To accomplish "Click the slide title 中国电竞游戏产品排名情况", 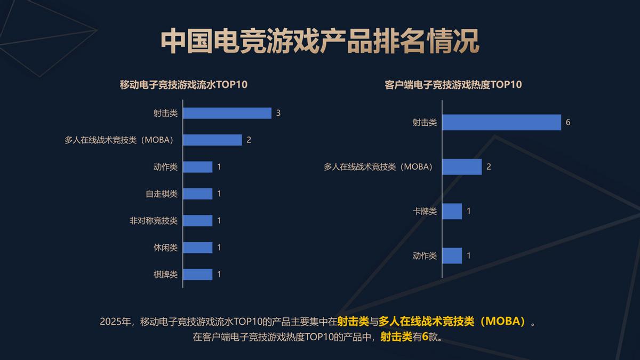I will [x=320, y=42].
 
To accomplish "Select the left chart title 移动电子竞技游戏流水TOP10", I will [x=184, y=85].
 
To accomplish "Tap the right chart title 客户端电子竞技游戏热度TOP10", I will [x=453, y=85].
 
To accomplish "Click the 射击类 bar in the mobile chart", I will [x=227, y=113].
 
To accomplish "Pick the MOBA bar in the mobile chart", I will [x=212, y=140].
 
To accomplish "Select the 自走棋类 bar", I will [x=198, y=194].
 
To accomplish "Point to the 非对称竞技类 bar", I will [x=198, y=220].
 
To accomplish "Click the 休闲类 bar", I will [x=198, y=247].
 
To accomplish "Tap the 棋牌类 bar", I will [x=198, y=274].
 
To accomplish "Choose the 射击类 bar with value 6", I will [x=501, y=122].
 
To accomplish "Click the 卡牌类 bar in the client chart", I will [x=452, y=211].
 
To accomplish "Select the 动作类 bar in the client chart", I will [x=452, y=255].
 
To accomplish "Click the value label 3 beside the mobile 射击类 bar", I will [x=278, y=113].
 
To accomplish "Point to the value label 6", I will [x=568, y=122].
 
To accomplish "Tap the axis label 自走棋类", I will [x=162, y=194].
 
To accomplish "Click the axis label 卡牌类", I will [x=425, y=211].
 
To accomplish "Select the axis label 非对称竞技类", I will [x=154, y=220].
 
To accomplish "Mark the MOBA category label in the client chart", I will [x=378, y=167].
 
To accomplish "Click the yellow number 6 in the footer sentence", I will [x=425, y=337].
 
